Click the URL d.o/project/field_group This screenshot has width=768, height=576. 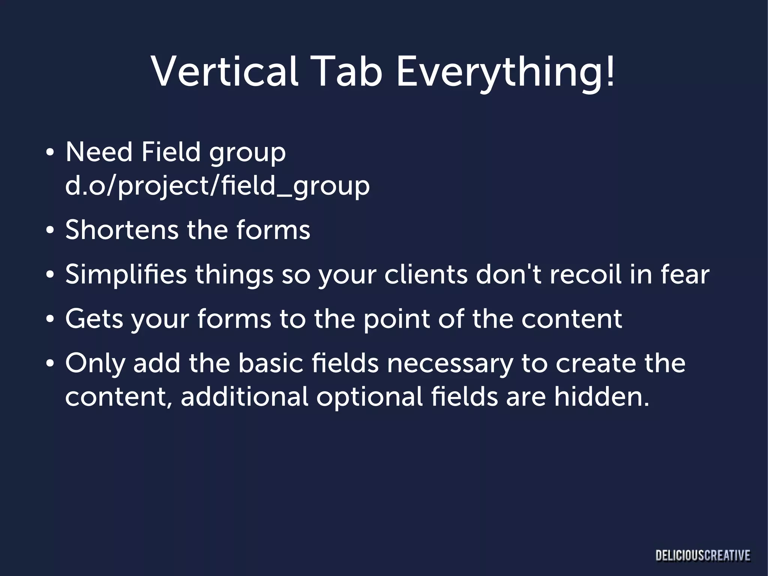[217, 186]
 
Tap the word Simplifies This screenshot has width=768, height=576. [126, 275]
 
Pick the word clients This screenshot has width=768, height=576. [426, 275]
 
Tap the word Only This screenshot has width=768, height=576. [94, 364]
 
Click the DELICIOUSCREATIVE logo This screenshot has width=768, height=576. [703, 555]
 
